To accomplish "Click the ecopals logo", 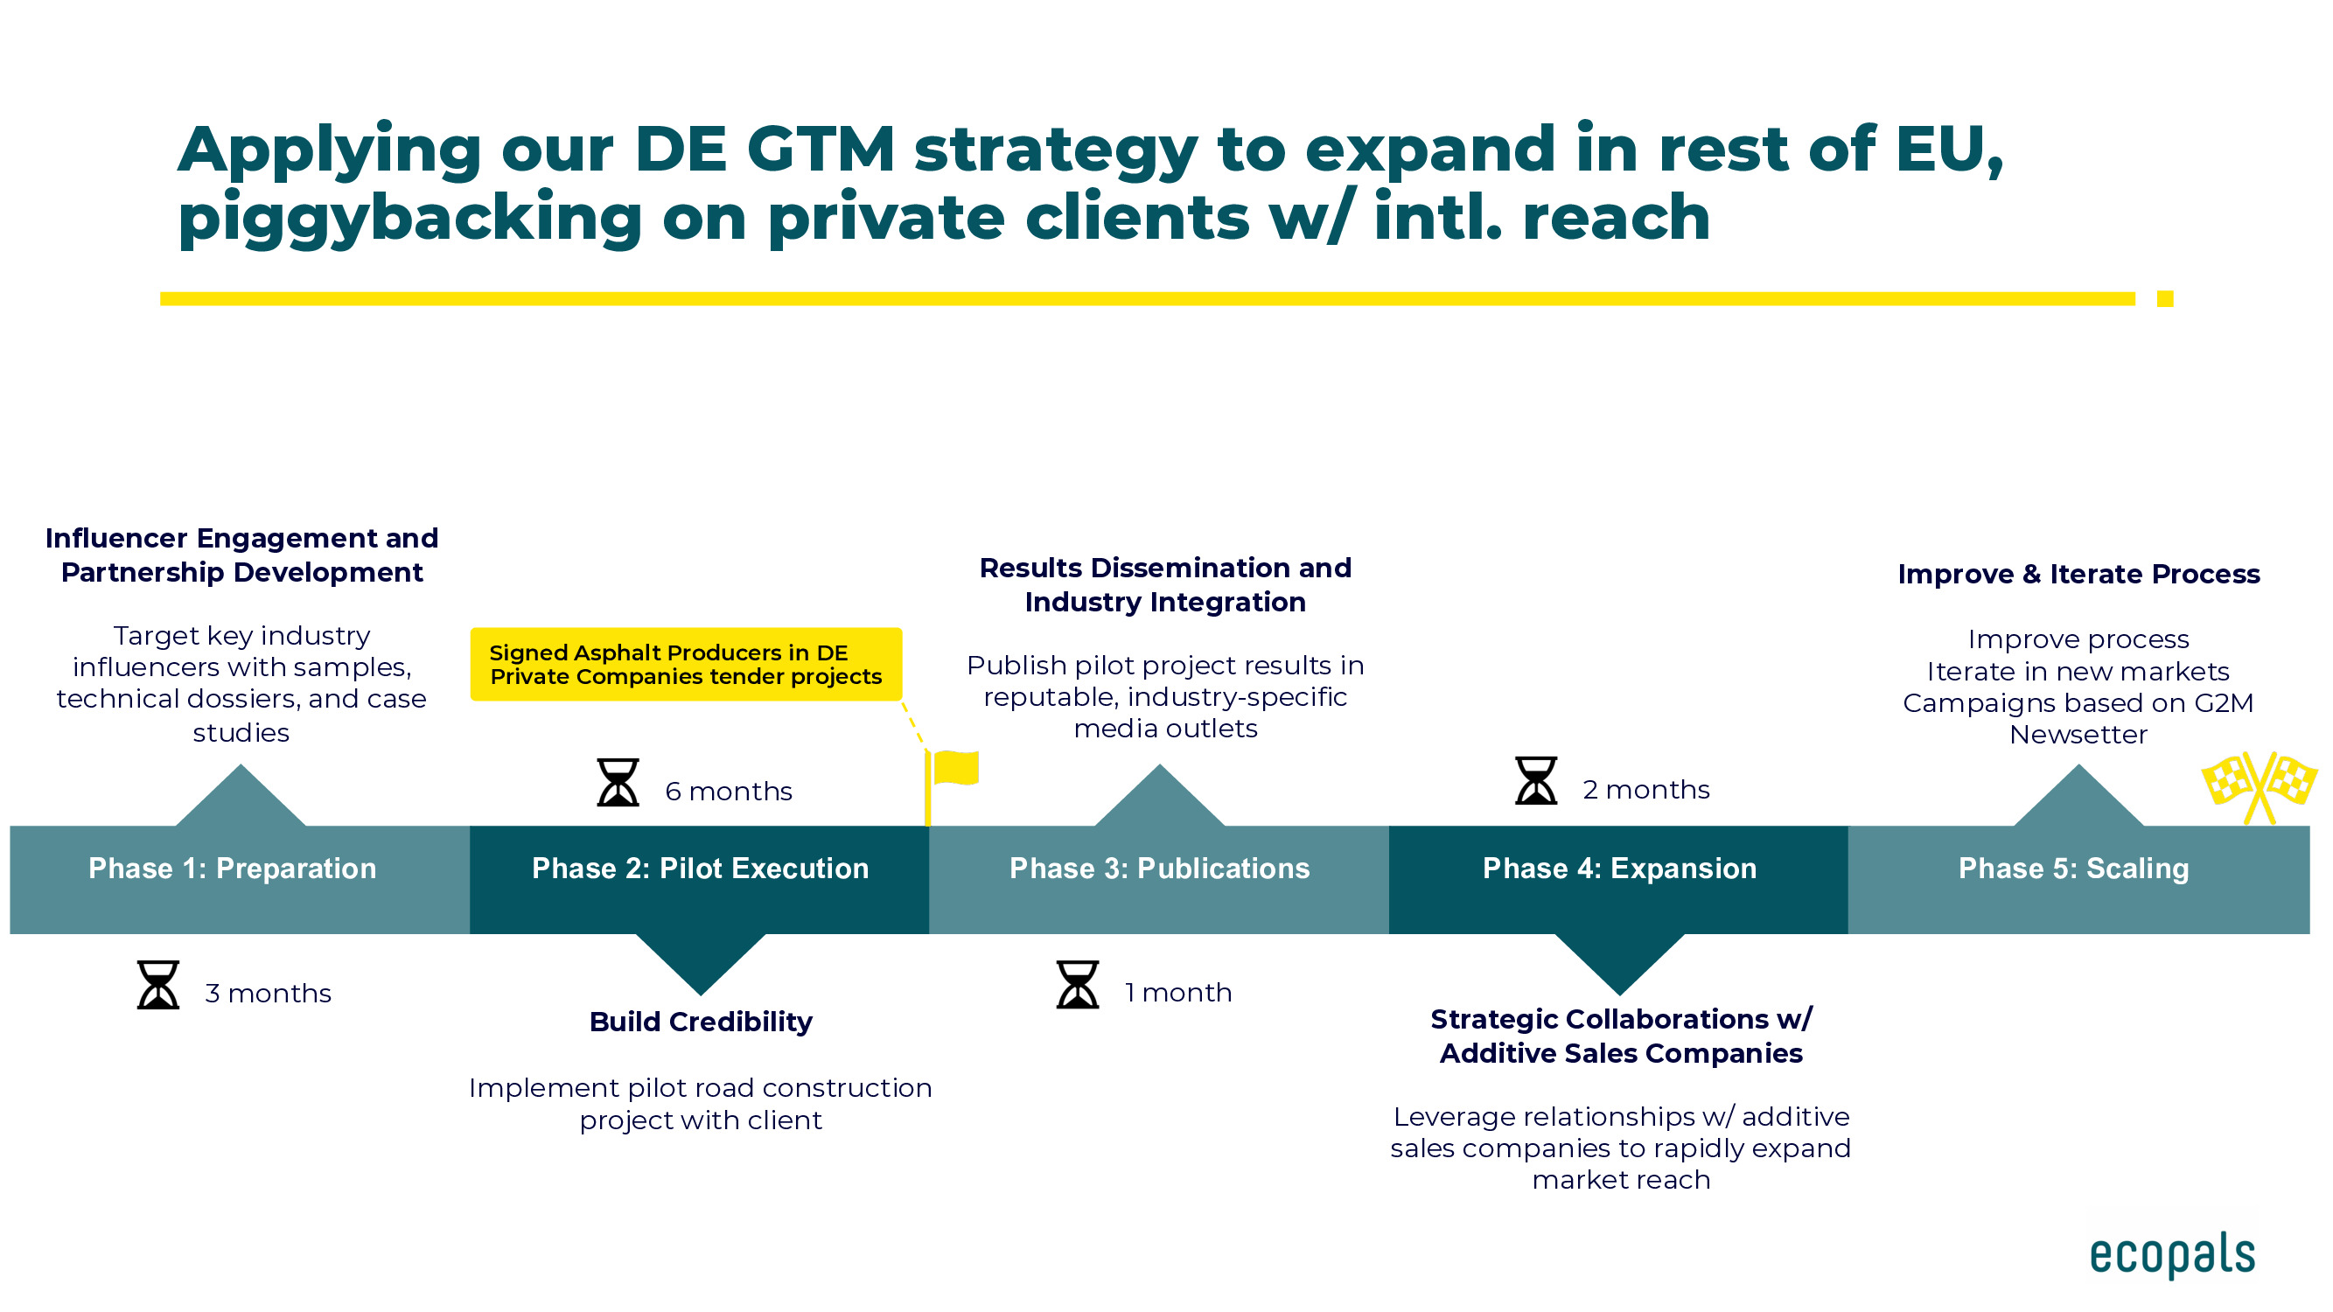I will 2172,1255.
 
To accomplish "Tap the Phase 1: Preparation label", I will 232,869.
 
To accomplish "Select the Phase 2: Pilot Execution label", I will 700,869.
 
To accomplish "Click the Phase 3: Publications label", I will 1159,869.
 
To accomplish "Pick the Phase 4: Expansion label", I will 1619,869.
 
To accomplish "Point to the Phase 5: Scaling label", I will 2074,869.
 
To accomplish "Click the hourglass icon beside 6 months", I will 618,782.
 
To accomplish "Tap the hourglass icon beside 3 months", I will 158,985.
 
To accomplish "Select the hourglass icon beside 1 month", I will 1078,985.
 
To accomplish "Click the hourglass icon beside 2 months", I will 1536,780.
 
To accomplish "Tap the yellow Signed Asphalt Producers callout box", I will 686,665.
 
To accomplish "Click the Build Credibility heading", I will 701,1022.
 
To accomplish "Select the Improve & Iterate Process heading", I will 2078,574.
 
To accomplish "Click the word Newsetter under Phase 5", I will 2078,735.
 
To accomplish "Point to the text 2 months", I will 1646,790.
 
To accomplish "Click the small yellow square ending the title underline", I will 2165,299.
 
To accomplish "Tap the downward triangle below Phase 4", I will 1619,961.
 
